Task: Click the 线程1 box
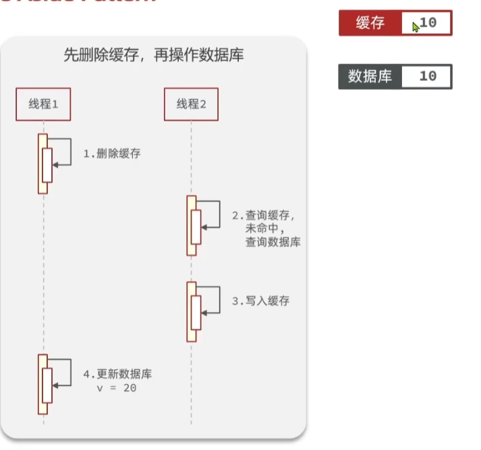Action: coord(43,104)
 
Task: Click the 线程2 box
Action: coord(192,104)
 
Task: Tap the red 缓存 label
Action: coord(370,24)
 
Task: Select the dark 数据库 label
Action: coord(370,76)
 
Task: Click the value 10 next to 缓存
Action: coord(428,24)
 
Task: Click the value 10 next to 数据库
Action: coord(428,76)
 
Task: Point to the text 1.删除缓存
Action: coord(112,154)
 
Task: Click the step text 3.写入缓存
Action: coord(260,301)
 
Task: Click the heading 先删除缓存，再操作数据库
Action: coord(153,56)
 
